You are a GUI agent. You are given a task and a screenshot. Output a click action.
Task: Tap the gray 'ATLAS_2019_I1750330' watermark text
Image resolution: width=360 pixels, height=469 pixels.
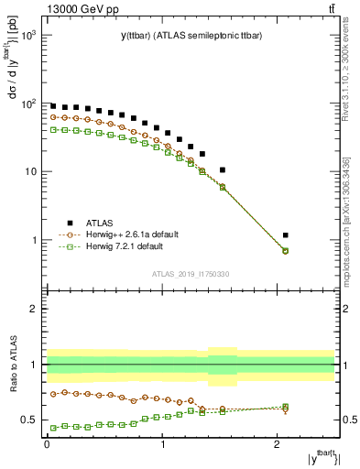pos(191,274)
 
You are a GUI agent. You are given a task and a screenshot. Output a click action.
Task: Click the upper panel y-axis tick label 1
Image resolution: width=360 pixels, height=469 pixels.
pos(35,241)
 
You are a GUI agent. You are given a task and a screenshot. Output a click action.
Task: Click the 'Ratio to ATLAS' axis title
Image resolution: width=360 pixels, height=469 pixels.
pos(13,365)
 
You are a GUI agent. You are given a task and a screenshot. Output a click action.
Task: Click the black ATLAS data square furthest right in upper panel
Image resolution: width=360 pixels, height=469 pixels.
pos(286,235)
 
